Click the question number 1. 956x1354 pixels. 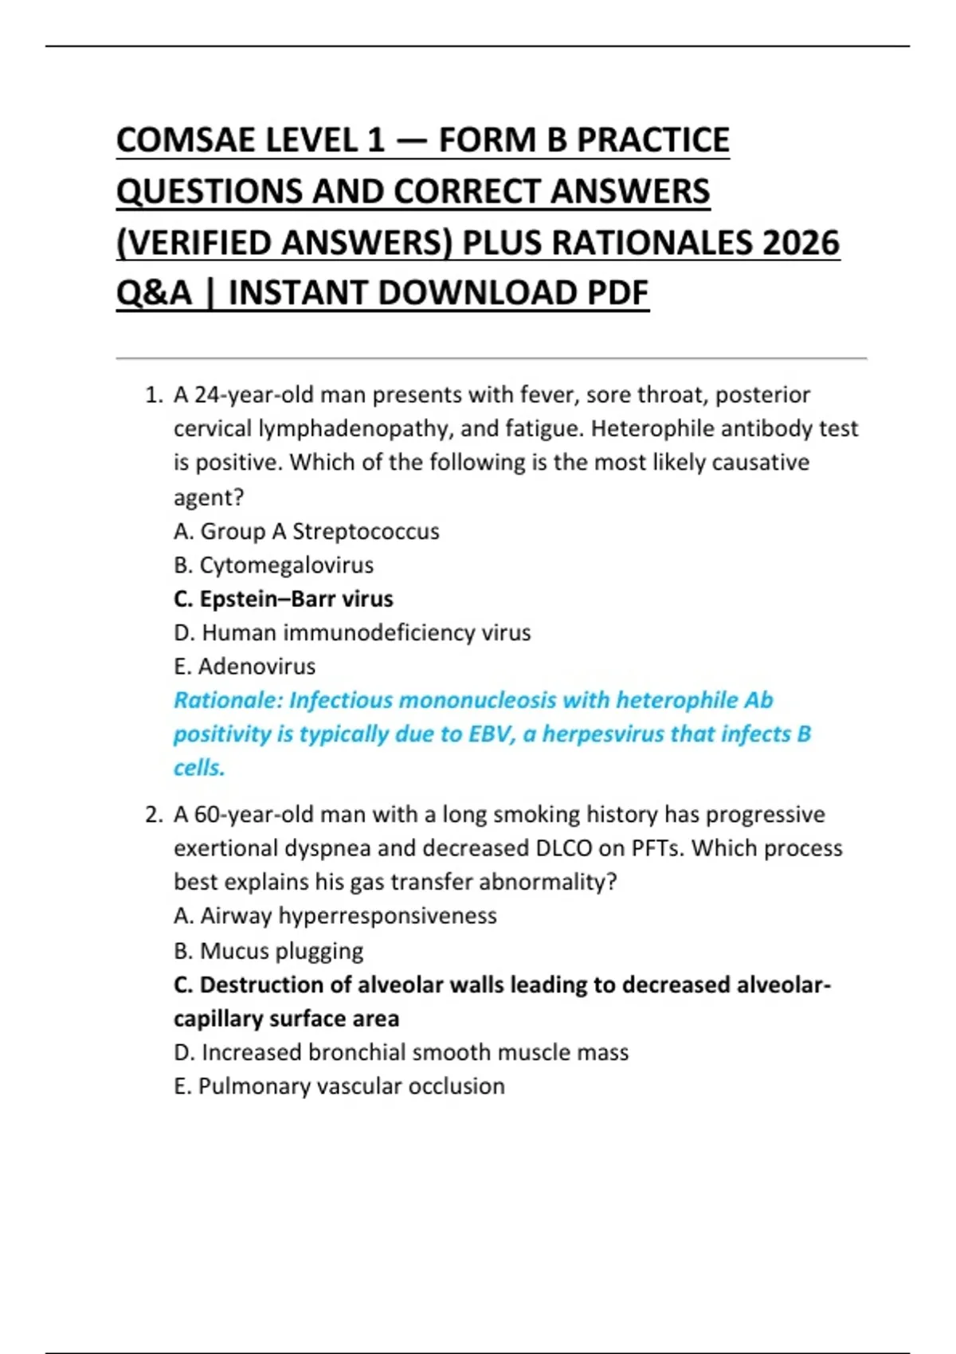[x=153, y=395]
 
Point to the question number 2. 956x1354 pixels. [x=153, y=815]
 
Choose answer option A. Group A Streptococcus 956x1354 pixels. [x=307, y=531]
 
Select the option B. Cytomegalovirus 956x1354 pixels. [x=273, y=565]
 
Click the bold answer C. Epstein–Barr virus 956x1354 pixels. [x=283, y=599]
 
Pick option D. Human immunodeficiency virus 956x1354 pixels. [x=352, y=632]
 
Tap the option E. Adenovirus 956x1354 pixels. [x=245, y=667]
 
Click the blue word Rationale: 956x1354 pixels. [x=228, y=700]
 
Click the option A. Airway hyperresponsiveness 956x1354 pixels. [x=335, y=916]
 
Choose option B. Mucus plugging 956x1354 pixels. [x=268, y=951]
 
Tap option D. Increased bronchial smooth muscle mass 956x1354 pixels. [x=402, y=1052]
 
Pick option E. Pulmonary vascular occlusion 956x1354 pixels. [x=339, y=1086]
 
